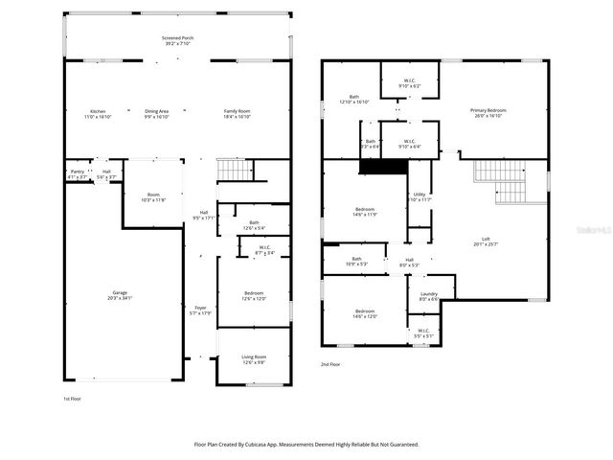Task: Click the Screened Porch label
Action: tap(176, 36)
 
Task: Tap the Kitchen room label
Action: tap(97, 111)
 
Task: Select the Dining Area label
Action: tap(156, 111)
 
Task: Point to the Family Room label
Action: tap(238, 111)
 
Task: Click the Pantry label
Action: tap(78, 172)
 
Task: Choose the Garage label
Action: tap(121, 292)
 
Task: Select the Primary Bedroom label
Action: tap(488, 110)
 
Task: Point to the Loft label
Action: tap(486, 240)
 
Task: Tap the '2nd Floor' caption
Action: tap(330, 364)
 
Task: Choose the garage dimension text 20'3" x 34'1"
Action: tap(121, 298)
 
